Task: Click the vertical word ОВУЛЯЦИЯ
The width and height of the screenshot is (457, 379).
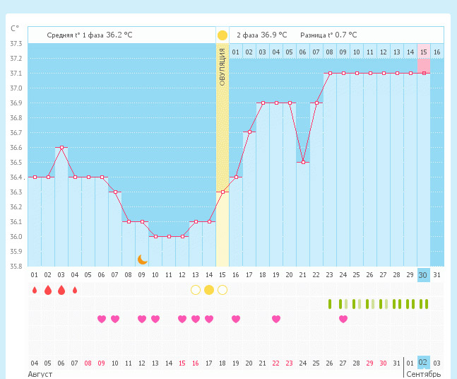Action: coord(222,67)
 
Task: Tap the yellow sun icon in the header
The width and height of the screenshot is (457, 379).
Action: coord(222,35)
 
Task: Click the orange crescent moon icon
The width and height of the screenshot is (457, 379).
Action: coord(142,260)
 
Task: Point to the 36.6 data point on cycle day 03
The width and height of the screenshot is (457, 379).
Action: coord(61,147)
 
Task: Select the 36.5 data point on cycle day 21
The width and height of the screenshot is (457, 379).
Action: coord(303,162)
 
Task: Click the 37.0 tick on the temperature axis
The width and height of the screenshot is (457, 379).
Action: coord(16,88)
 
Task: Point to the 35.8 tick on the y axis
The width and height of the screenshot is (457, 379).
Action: coord(16,267)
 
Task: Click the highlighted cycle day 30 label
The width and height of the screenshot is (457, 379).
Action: coord(423,274)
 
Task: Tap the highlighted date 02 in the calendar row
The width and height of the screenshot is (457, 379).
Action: coord(423,363)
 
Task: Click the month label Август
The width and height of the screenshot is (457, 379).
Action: coord(40,373)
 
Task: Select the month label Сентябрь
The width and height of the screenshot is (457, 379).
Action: coord(424,373)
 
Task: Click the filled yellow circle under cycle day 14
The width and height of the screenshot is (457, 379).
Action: coord(209,289)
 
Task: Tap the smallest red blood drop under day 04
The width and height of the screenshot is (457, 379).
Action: coord(75,289)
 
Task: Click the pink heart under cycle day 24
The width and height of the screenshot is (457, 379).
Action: coord(343,319)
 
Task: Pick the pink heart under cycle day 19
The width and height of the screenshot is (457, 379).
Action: coord(276,319)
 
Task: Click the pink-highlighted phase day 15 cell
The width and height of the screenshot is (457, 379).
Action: coord(424,52)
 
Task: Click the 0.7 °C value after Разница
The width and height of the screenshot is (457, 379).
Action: coord(346,35)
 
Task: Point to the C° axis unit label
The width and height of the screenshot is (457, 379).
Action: coord(15,29)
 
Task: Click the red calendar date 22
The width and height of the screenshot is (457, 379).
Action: coord(276,363)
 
